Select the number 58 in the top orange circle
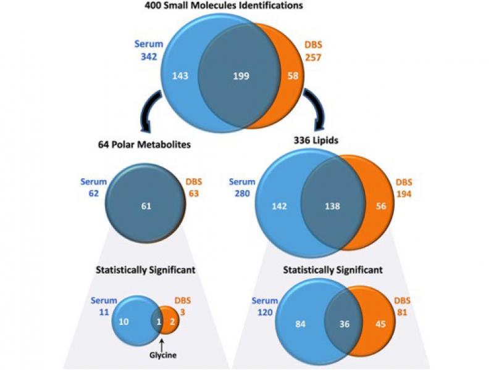pyautogui.click(x=293, y=76)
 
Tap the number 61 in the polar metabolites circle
pyautogui.click(x=146, y=206)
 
